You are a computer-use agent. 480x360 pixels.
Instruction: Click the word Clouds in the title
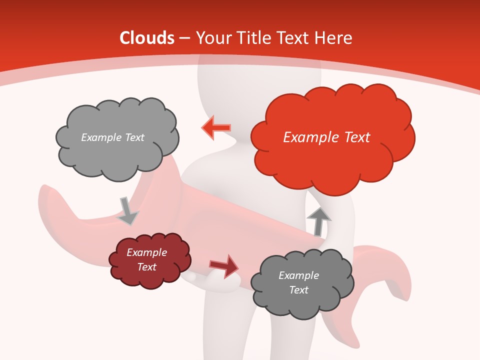coord(147,38)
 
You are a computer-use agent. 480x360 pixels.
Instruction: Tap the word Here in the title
coord(334,38)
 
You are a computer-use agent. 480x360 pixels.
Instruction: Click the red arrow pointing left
coord(216,127)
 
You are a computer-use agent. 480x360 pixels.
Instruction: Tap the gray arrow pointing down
coord(127,210)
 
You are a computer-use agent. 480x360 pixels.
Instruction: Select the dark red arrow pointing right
coord(224,265)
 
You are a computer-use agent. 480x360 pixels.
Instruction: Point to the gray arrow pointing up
coord(318,221)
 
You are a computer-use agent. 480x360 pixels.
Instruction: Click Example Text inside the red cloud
coord(326,137)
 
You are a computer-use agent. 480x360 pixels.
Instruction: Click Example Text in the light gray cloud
coord(112,137)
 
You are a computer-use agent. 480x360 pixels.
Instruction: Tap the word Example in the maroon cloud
coord(146,252)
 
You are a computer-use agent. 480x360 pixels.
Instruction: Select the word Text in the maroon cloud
coord(146,267)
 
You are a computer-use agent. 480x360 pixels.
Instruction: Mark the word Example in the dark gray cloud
coord(298,275)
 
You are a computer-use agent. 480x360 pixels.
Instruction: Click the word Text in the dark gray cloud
coord(298,290)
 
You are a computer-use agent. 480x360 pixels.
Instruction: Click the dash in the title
coord(185,38)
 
